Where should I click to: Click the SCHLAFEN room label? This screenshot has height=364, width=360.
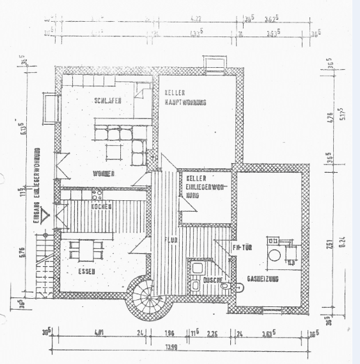(108, 100)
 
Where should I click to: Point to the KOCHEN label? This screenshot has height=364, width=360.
(102, 207)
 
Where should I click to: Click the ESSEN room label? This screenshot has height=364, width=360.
(88, 271)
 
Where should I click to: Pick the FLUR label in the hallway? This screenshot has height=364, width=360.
(170, 241)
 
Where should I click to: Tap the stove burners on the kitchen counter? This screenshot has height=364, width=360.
(98, 194)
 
